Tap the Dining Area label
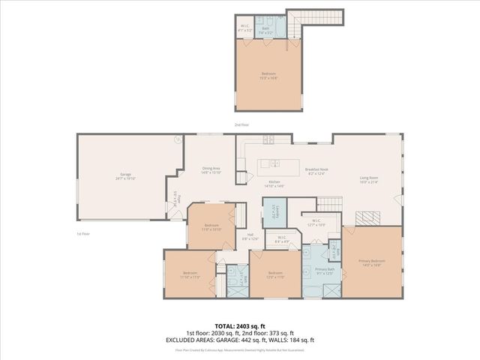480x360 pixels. coord(211,170)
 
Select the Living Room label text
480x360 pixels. coord(368,178)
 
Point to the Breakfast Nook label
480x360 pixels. coord(318,171)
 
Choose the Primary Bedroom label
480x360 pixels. coord(372,263)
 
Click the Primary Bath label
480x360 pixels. coord(325,271)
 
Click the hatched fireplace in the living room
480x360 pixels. coord(367,217)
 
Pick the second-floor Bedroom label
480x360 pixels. coord(268,75)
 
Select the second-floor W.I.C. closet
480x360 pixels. coord(245,28)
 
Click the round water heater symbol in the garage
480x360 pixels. coord(178,139)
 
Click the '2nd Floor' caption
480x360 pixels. coord(240,124)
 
